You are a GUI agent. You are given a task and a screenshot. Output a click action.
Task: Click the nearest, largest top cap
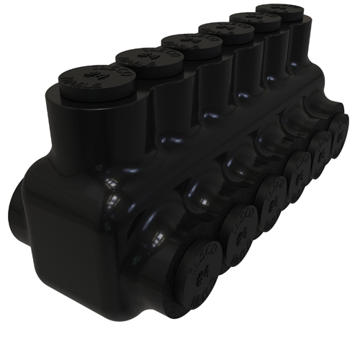click(89, 79)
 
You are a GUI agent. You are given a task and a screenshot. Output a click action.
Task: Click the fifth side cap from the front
click(320, 150)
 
